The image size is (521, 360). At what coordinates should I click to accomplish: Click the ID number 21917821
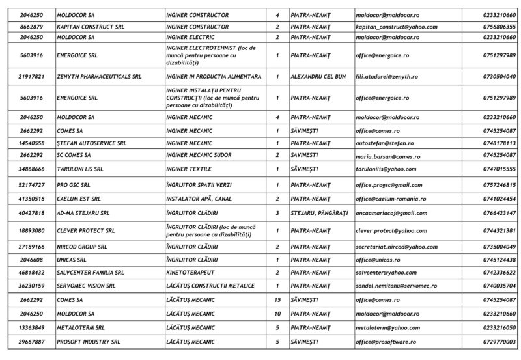pos(32,77)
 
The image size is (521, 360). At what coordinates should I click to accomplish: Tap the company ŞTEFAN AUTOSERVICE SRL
pos(91,143)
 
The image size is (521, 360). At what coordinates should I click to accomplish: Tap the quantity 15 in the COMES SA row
pos(277,300)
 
